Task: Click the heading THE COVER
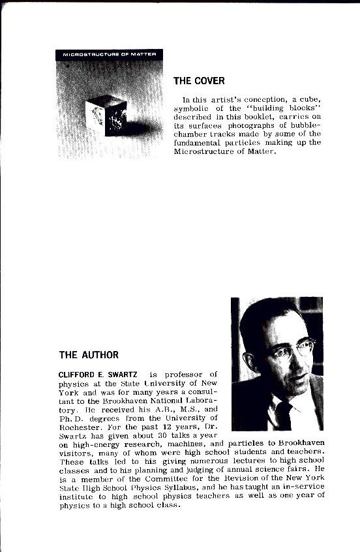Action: tap(199, 81)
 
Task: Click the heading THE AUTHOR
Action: tap(89, 355)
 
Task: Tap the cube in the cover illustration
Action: tap(106, 114)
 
